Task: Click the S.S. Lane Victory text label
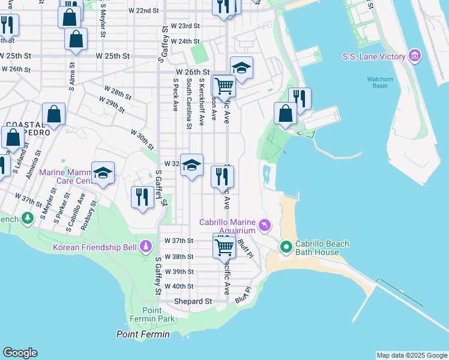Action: [x=374, y=57]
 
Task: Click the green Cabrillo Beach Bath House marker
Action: [x=286, y=247]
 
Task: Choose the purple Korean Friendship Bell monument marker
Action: [x=145, y=247]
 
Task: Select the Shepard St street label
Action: [x=193, y=301]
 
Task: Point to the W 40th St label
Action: [x=179, y=286]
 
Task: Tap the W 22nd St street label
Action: [x=143, y=11]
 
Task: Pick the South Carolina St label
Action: [x=188, y=103]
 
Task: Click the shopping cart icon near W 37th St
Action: [x=224, y=245]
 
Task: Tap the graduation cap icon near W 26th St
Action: [x=241, y=68]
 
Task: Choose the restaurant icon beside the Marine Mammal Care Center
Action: [x=142, y=197]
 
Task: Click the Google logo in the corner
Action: [x=20, y=353]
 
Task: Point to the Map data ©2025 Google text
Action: [x=411, y=355]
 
